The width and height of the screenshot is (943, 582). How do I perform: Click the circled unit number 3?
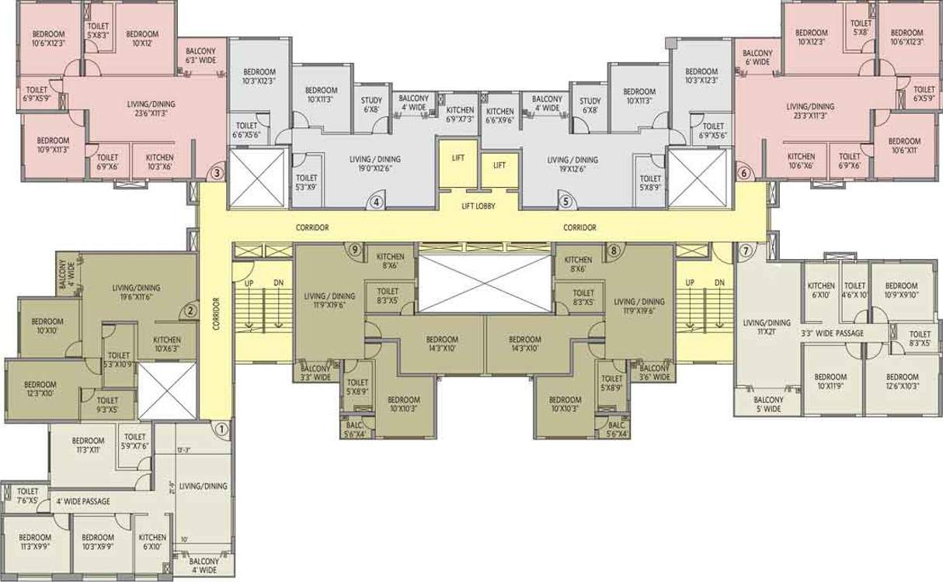pos(217,173)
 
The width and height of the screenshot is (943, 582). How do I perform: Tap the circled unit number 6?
pos(744,173)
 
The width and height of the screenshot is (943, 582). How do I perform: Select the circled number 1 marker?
pos(221,427)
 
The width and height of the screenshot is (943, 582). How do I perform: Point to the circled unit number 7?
pos(746,250)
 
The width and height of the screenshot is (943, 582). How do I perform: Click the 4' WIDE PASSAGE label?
pos(83,501)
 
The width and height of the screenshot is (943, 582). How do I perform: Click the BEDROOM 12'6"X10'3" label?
pos(901,381)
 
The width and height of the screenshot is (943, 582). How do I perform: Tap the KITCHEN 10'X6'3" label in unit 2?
pos(167,345)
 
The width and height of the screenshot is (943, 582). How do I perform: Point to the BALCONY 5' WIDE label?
pos(769,404)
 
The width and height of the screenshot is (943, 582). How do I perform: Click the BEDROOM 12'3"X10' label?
pos(40,389)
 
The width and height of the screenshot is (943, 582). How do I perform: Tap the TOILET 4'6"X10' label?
pos(854,290)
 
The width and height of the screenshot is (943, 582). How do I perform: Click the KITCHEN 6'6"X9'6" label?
pos(499,116)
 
